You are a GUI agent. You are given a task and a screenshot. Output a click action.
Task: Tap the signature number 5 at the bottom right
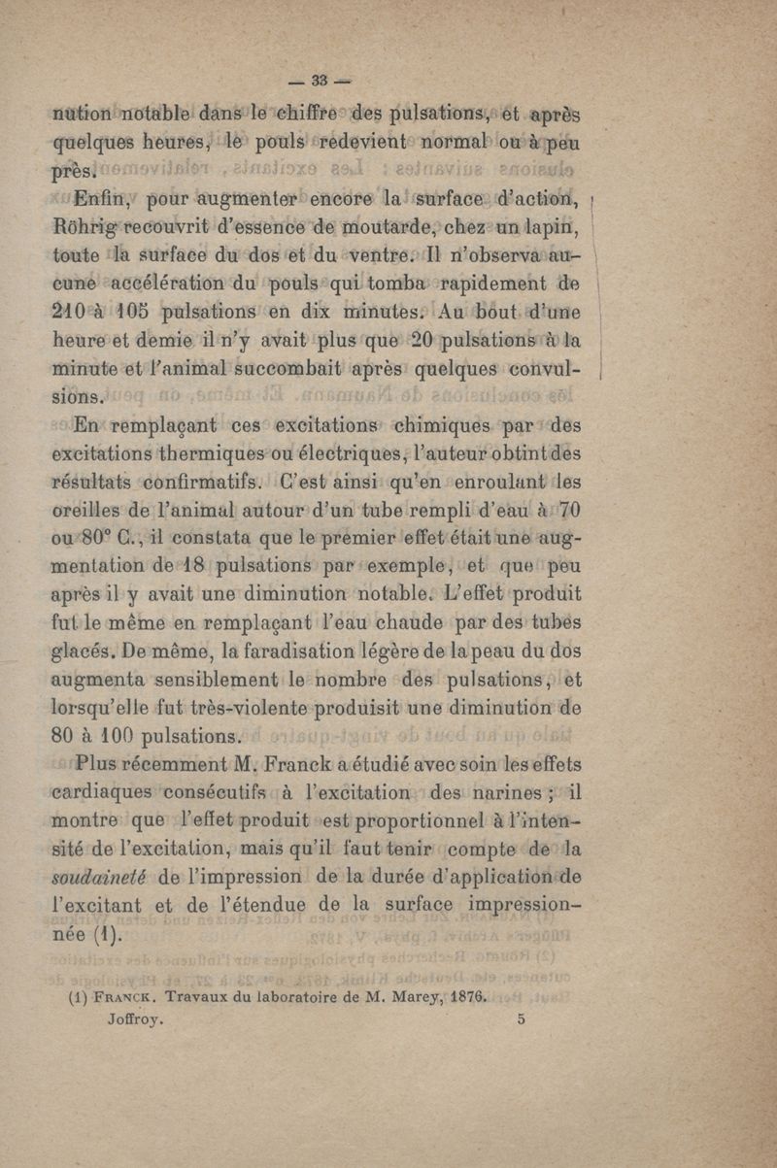(523, 1020)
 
